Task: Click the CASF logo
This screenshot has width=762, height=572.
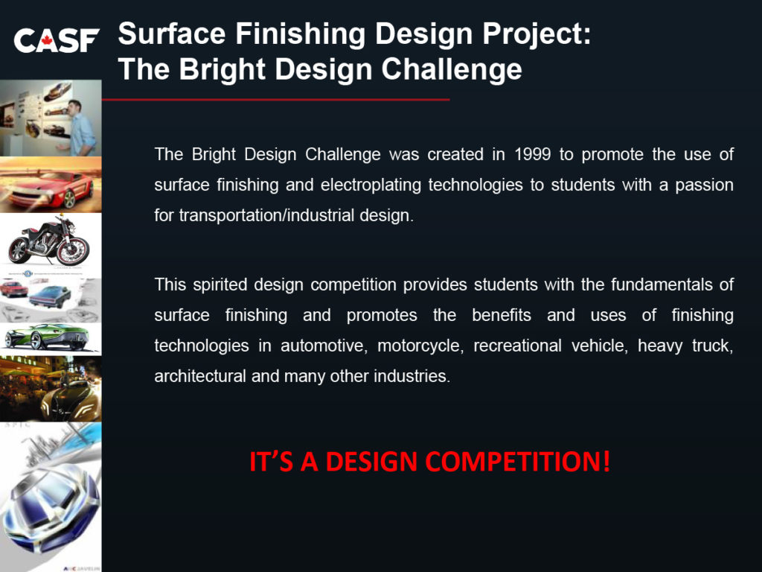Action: (x=57, y=40)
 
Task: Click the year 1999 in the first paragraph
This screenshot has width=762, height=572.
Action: (x=532, y=154)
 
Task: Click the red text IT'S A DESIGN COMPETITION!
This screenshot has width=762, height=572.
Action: (x=429, y=461)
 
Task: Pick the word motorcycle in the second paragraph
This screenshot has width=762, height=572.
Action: (x=420, y=346)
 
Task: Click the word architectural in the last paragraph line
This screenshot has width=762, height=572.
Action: (x=200, y=376)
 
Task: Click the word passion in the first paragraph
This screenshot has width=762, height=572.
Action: (x=704, y=185)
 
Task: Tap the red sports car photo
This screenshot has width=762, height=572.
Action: (x=51, y=185)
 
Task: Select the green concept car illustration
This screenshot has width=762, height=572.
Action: (x=51, y=337)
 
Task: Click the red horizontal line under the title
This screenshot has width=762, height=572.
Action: (x=275, y=100)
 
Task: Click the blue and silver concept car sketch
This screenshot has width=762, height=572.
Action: (x=51, y=506)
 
